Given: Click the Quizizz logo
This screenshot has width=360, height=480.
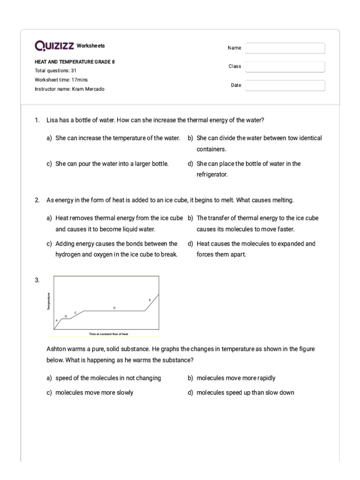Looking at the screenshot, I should [x=54, y=46].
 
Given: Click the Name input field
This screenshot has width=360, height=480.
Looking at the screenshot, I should [x=285, y=48].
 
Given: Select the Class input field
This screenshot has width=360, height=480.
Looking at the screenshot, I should [x=285, y=67].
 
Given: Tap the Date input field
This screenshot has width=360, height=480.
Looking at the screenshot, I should [x=285, y=86].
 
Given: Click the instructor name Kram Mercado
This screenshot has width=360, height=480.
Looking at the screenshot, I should [x=88, y=89].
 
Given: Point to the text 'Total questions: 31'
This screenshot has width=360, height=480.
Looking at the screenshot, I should [x=56, y=70].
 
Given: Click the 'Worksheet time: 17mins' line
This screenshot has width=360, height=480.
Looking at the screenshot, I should [x=61, y=80].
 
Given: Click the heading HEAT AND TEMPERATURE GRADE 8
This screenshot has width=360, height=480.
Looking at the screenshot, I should [x=75, y=61].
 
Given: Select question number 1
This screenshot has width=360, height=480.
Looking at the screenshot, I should [x=37, y=120].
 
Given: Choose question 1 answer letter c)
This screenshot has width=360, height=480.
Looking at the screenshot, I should [x=49, y=164].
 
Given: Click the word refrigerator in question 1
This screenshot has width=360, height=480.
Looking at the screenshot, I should [x=212, y=174].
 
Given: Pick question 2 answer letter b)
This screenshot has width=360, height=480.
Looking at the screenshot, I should [x=190, y=218].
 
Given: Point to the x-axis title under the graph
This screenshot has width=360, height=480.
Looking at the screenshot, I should [x=108, y=334].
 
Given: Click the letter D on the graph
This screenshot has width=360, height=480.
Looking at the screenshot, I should [x=114, y=307].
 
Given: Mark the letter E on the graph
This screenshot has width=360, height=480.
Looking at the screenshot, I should [x=150, y=300].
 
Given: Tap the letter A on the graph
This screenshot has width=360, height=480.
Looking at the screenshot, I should [x=57, y=320].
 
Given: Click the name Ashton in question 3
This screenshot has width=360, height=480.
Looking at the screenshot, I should [x=56, y=349].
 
